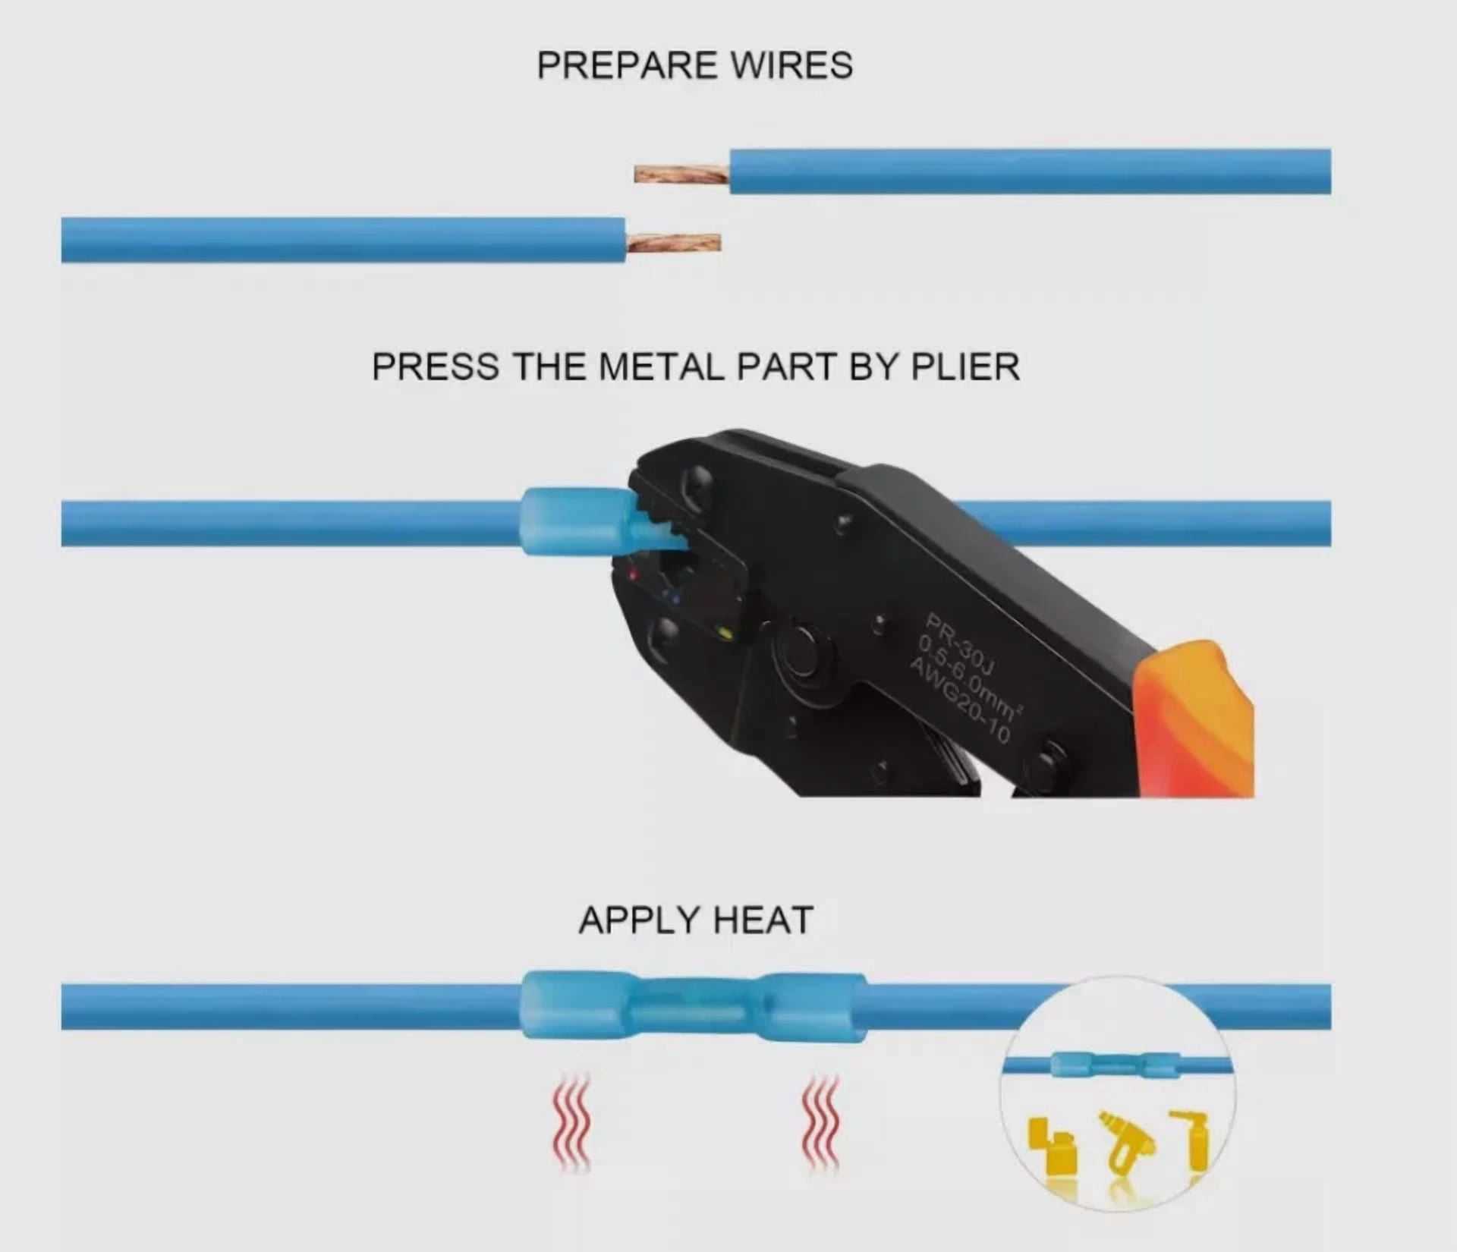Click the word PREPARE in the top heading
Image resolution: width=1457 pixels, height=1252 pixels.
(627, 65)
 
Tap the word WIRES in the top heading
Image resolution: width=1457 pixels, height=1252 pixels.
(792, 65)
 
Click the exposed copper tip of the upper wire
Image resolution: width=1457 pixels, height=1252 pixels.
(681, 175)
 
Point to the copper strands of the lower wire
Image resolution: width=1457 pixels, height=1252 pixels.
(673, 243)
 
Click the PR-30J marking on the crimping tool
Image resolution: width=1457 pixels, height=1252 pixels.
(960, 645)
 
